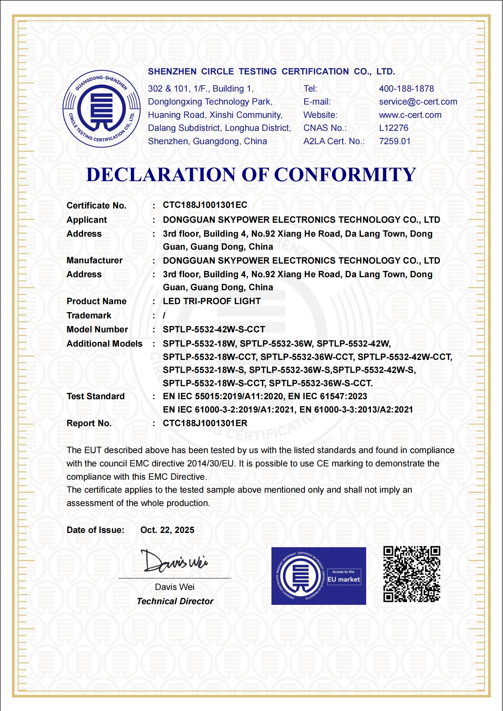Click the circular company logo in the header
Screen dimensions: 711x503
(x=102, y=109)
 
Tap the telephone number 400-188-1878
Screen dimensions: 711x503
(x=406, y=89)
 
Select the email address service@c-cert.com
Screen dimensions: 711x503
(x=418, y=102)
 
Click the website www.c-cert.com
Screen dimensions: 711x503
(x=410, y=115)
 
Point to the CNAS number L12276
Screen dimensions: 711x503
(x=393, y=128)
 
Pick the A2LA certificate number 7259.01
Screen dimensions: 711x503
(x=395, y=141)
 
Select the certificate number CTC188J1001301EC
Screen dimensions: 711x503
(x=205, y=205)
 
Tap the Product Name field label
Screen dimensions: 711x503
(x=96, y=301)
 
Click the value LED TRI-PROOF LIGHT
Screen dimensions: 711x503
(x=212, y=301)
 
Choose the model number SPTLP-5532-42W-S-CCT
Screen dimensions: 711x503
(x=214, y=330)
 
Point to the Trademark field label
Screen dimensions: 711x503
(x=89, y=316)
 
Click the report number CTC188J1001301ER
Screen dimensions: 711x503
(x=205, y=423)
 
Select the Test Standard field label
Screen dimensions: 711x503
(x=95, y=396)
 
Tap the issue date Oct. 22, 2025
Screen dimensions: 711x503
(x=167, y=530)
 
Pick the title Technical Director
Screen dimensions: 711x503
(x=175, y=601)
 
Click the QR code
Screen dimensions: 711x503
(x=411, y=574)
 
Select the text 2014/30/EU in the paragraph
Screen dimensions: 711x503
(x=210, y=464)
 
